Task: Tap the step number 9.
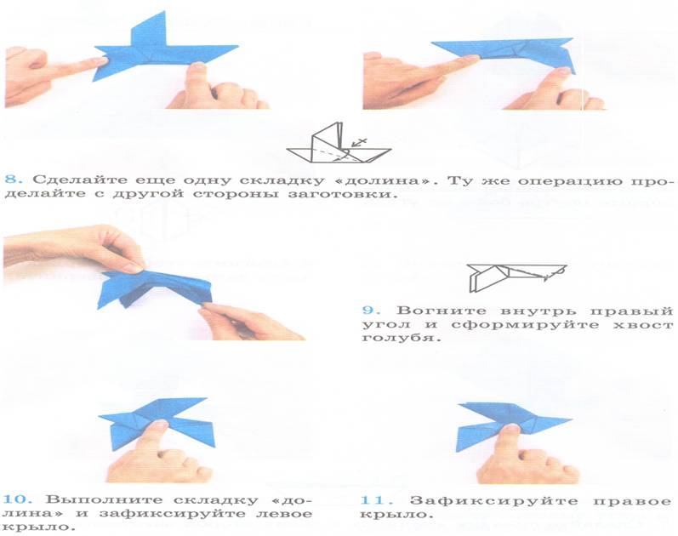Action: point(371,311)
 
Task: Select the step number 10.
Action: point(18,499)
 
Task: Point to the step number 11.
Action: point(376,500)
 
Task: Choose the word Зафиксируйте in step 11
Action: point(493,501)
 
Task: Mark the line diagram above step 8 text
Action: point(339,143)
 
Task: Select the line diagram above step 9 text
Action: point(516,277)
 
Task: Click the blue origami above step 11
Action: point(510,424)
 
